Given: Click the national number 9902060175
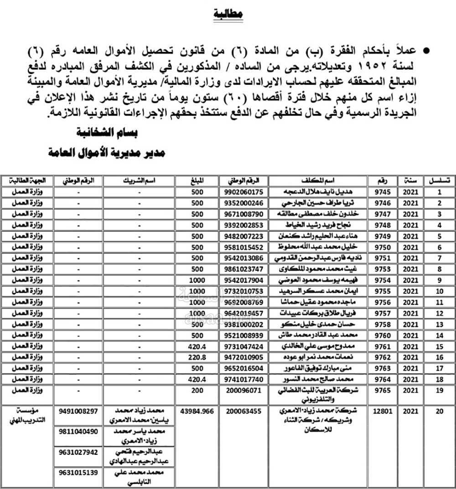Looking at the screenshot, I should click(244, 192).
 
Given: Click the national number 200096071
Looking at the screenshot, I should click(244, 390).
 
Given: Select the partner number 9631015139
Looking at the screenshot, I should click(79, 473).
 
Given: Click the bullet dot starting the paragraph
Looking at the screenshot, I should click(427, 51).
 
